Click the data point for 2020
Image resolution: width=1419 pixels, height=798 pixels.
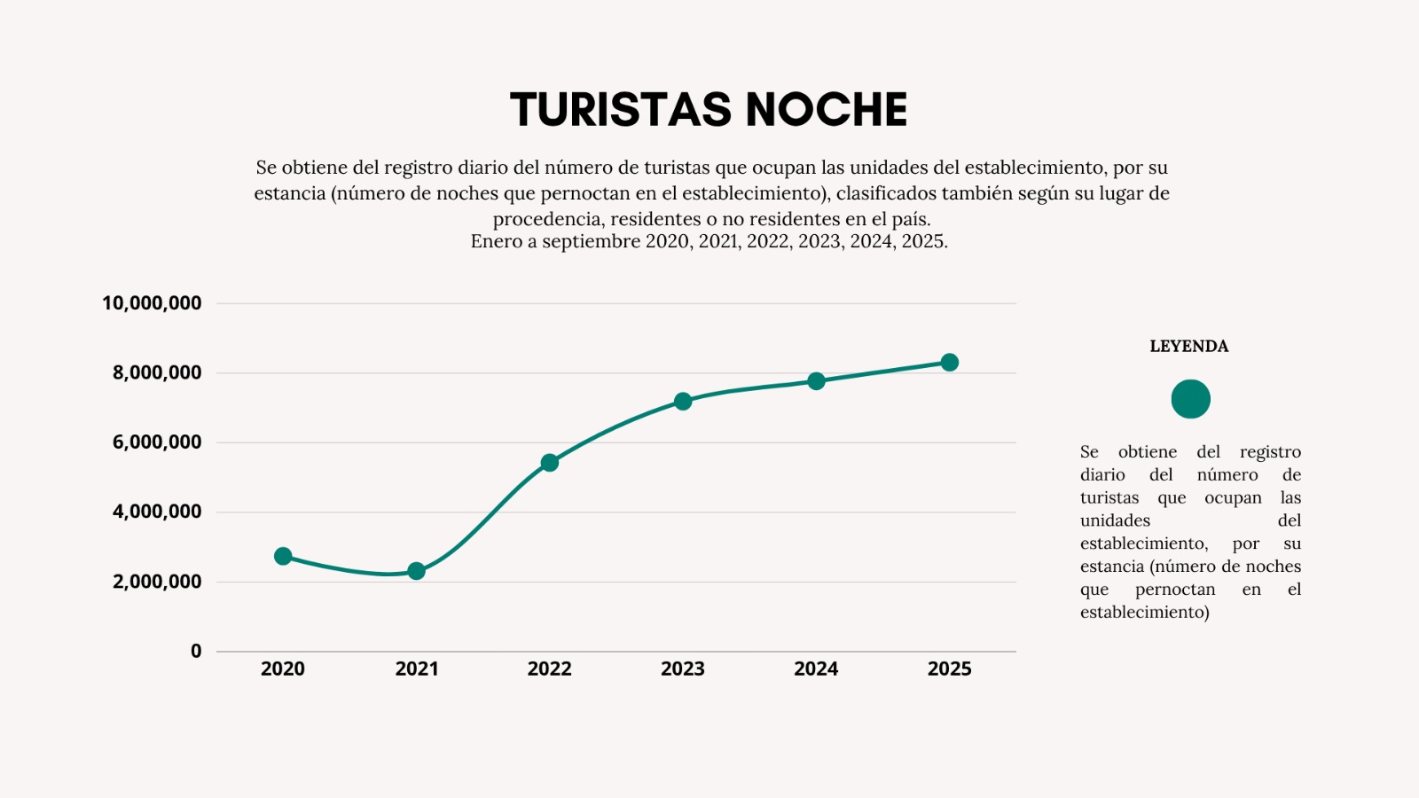click(283, 556)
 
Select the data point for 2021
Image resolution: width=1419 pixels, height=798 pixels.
click(416, 571)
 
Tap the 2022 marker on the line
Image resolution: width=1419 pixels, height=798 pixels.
click(550, 463)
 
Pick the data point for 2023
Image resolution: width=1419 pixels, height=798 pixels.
click(683, 402)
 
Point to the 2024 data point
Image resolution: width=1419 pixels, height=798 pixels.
click(816, 381)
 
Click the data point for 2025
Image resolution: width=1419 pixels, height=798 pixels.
click(949, 363)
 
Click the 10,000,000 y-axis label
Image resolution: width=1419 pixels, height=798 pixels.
click(152, 303)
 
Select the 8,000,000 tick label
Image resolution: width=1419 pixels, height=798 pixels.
click(157, 373)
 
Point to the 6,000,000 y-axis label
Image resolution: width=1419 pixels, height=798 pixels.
click(157, 442)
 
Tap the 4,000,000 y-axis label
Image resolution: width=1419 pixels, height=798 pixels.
click(157, 512)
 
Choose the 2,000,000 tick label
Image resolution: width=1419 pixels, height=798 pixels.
click(157, 582)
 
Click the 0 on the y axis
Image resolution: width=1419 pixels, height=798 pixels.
click(196, 651)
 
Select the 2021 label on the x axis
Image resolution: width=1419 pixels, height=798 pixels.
click(417, 669)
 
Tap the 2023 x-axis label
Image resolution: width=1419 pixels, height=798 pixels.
click(683, 669)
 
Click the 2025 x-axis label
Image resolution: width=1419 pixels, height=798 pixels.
click(949, 669)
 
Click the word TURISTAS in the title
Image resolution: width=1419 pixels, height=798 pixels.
click(620, 110)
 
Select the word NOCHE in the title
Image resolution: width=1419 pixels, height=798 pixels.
click(826, 110)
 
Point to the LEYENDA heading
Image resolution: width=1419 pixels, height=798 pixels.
click(1189, 347)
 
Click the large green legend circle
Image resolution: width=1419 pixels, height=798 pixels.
click(1190, 399)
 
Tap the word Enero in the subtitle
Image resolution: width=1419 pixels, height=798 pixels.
click(497, 242)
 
